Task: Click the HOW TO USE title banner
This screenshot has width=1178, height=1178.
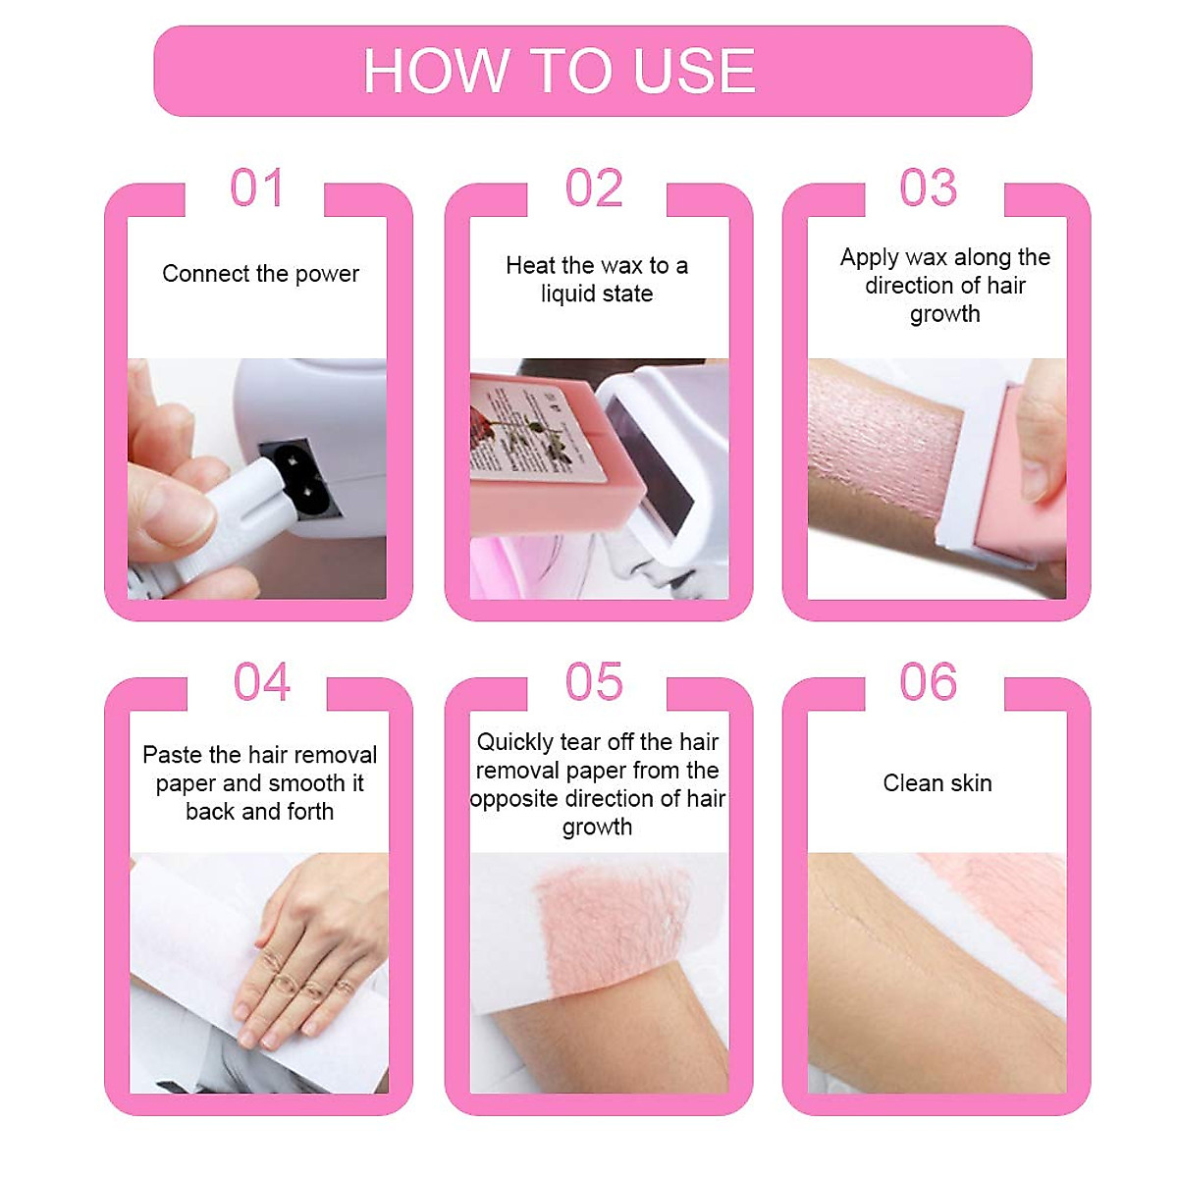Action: pos(592,71)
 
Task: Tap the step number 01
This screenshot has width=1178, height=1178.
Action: pos(257,187)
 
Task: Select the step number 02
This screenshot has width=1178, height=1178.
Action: pos(593,187)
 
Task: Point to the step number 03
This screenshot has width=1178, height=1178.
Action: pos(928,187)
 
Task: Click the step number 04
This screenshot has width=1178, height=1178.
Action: pos(261,682)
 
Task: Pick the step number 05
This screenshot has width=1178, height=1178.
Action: pos(593,682)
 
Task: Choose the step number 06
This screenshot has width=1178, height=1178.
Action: pos(928,682)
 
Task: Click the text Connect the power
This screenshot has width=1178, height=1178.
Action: pos(260,274)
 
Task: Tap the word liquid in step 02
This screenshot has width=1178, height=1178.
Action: pos(567,294)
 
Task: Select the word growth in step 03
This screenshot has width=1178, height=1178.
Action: pos(944,314)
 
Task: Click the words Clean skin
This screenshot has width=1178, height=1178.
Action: pos(937,783)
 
